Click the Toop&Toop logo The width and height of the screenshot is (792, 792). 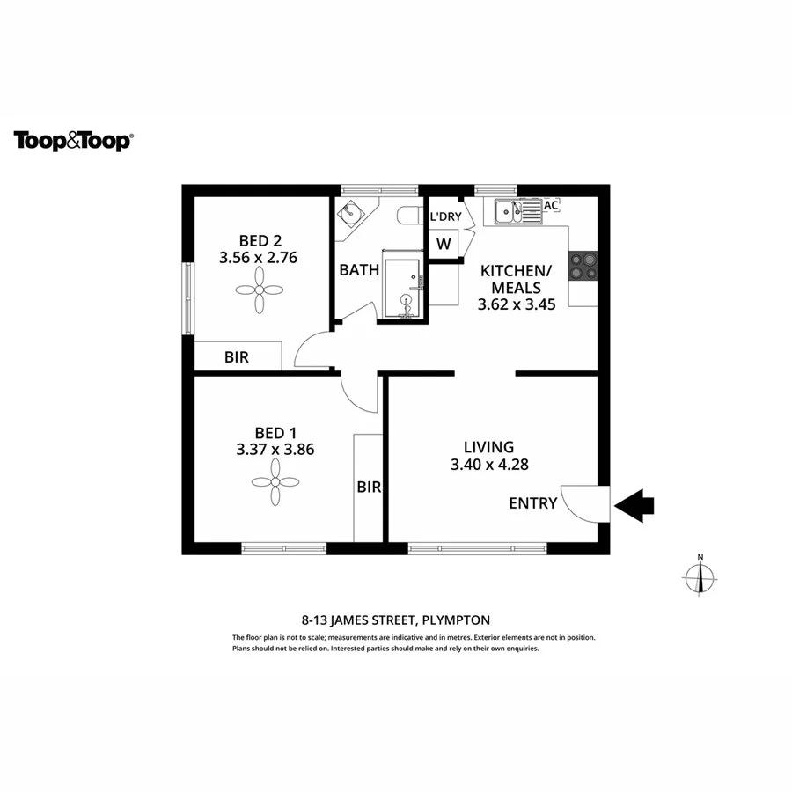[x=73, y=141]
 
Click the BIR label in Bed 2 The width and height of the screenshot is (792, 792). [x=236, y=357]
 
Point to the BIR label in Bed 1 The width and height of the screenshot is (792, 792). [x=369, y=487]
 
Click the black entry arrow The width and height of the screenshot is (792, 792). [x=634, y=504]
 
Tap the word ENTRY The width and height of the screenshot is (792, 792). [x=532, y=503]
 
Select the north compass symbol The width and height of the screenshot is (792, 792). [x=700, y=577]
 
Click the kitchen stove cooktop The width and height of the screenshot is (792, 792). [x=583, y=266]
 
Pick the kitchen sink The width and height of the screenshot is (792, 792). [x=517, y=211]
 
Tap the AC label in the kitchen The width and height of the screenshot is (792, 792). [x=551, y=205]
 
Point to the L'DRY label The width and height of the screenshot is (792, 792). [x=444, y=216]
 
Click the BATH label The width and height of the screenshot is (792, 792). [x=359, y=270]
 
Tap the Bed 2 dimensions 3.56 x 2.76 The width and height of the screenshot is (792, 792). [x=260, y=258]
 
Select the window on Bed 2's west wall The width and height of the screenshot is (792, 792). [x=187, y=298]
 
